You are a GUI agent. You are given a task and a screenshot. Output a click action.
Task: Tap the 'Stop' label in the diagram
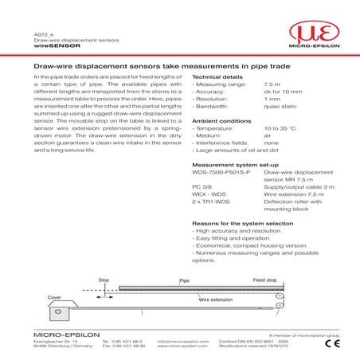pos(103,280)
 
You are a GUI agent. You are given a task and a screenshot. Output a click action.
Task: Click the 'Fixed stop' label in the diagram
pos(264,280)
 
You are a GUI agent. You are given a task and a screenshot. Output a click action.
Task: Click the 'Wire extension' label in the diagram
pos(193,300)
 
